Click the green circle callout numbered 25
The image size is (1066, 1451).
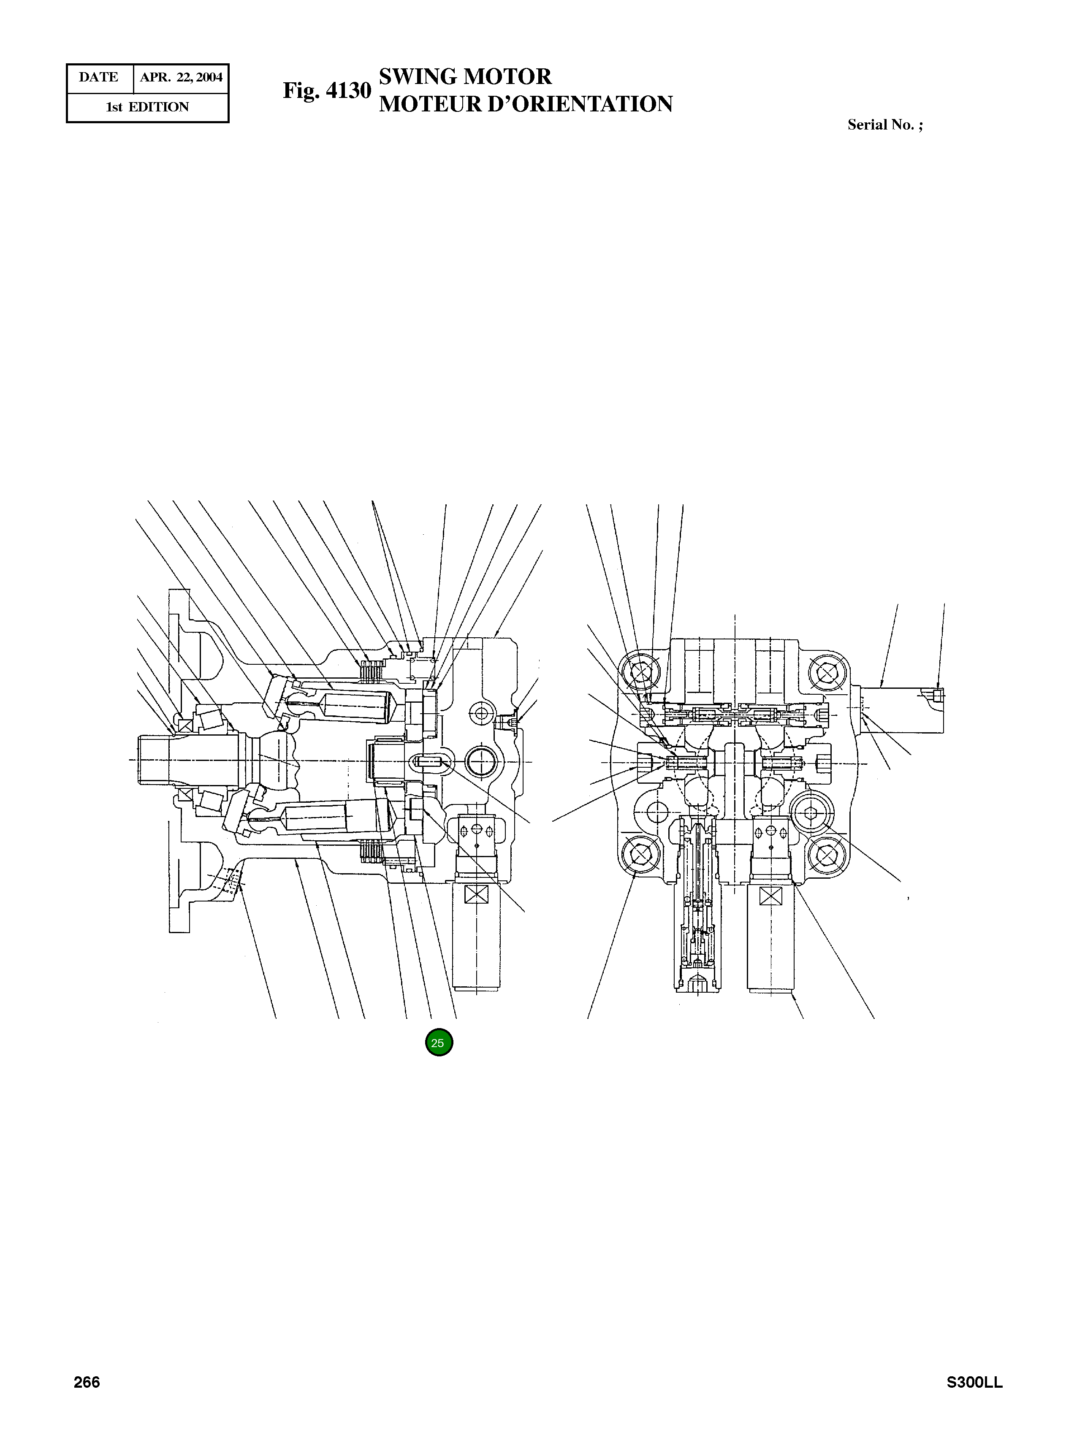click(x=439, y=1043)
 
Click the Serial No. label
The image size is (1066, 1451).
click(x=885, y=125)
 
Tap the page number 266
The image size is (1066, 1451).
click(x=87, y=1400)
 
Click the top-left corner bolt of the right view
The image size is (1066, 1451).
click(x=641, y=673)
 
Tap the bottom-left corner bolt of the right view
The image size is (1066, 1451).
click(x=641, y=855)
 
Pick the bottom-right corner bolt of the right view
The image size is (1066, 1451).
click(x=827, y=855)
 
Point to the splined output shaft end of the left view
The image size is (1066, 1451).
click(x=155, y=761)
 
